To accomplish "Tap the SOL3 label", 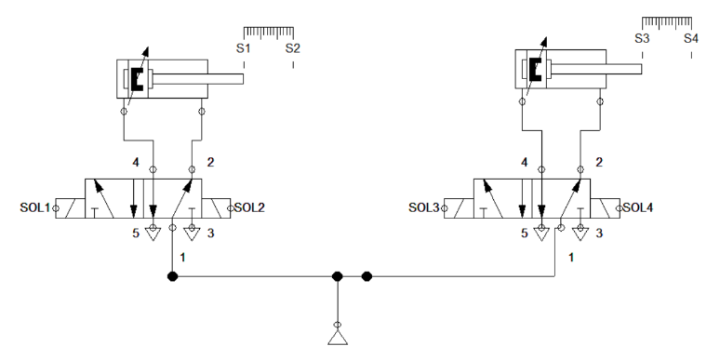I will (424, 207).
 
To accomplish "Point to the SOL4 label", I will (639, 207).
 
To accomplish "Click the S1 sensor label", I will (244, 47).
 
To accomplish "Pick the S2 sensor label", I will (293, 47).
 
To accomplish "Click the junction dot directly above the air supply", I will (339, 276).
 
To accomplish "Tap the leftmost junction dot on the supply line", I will (172, 276).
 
